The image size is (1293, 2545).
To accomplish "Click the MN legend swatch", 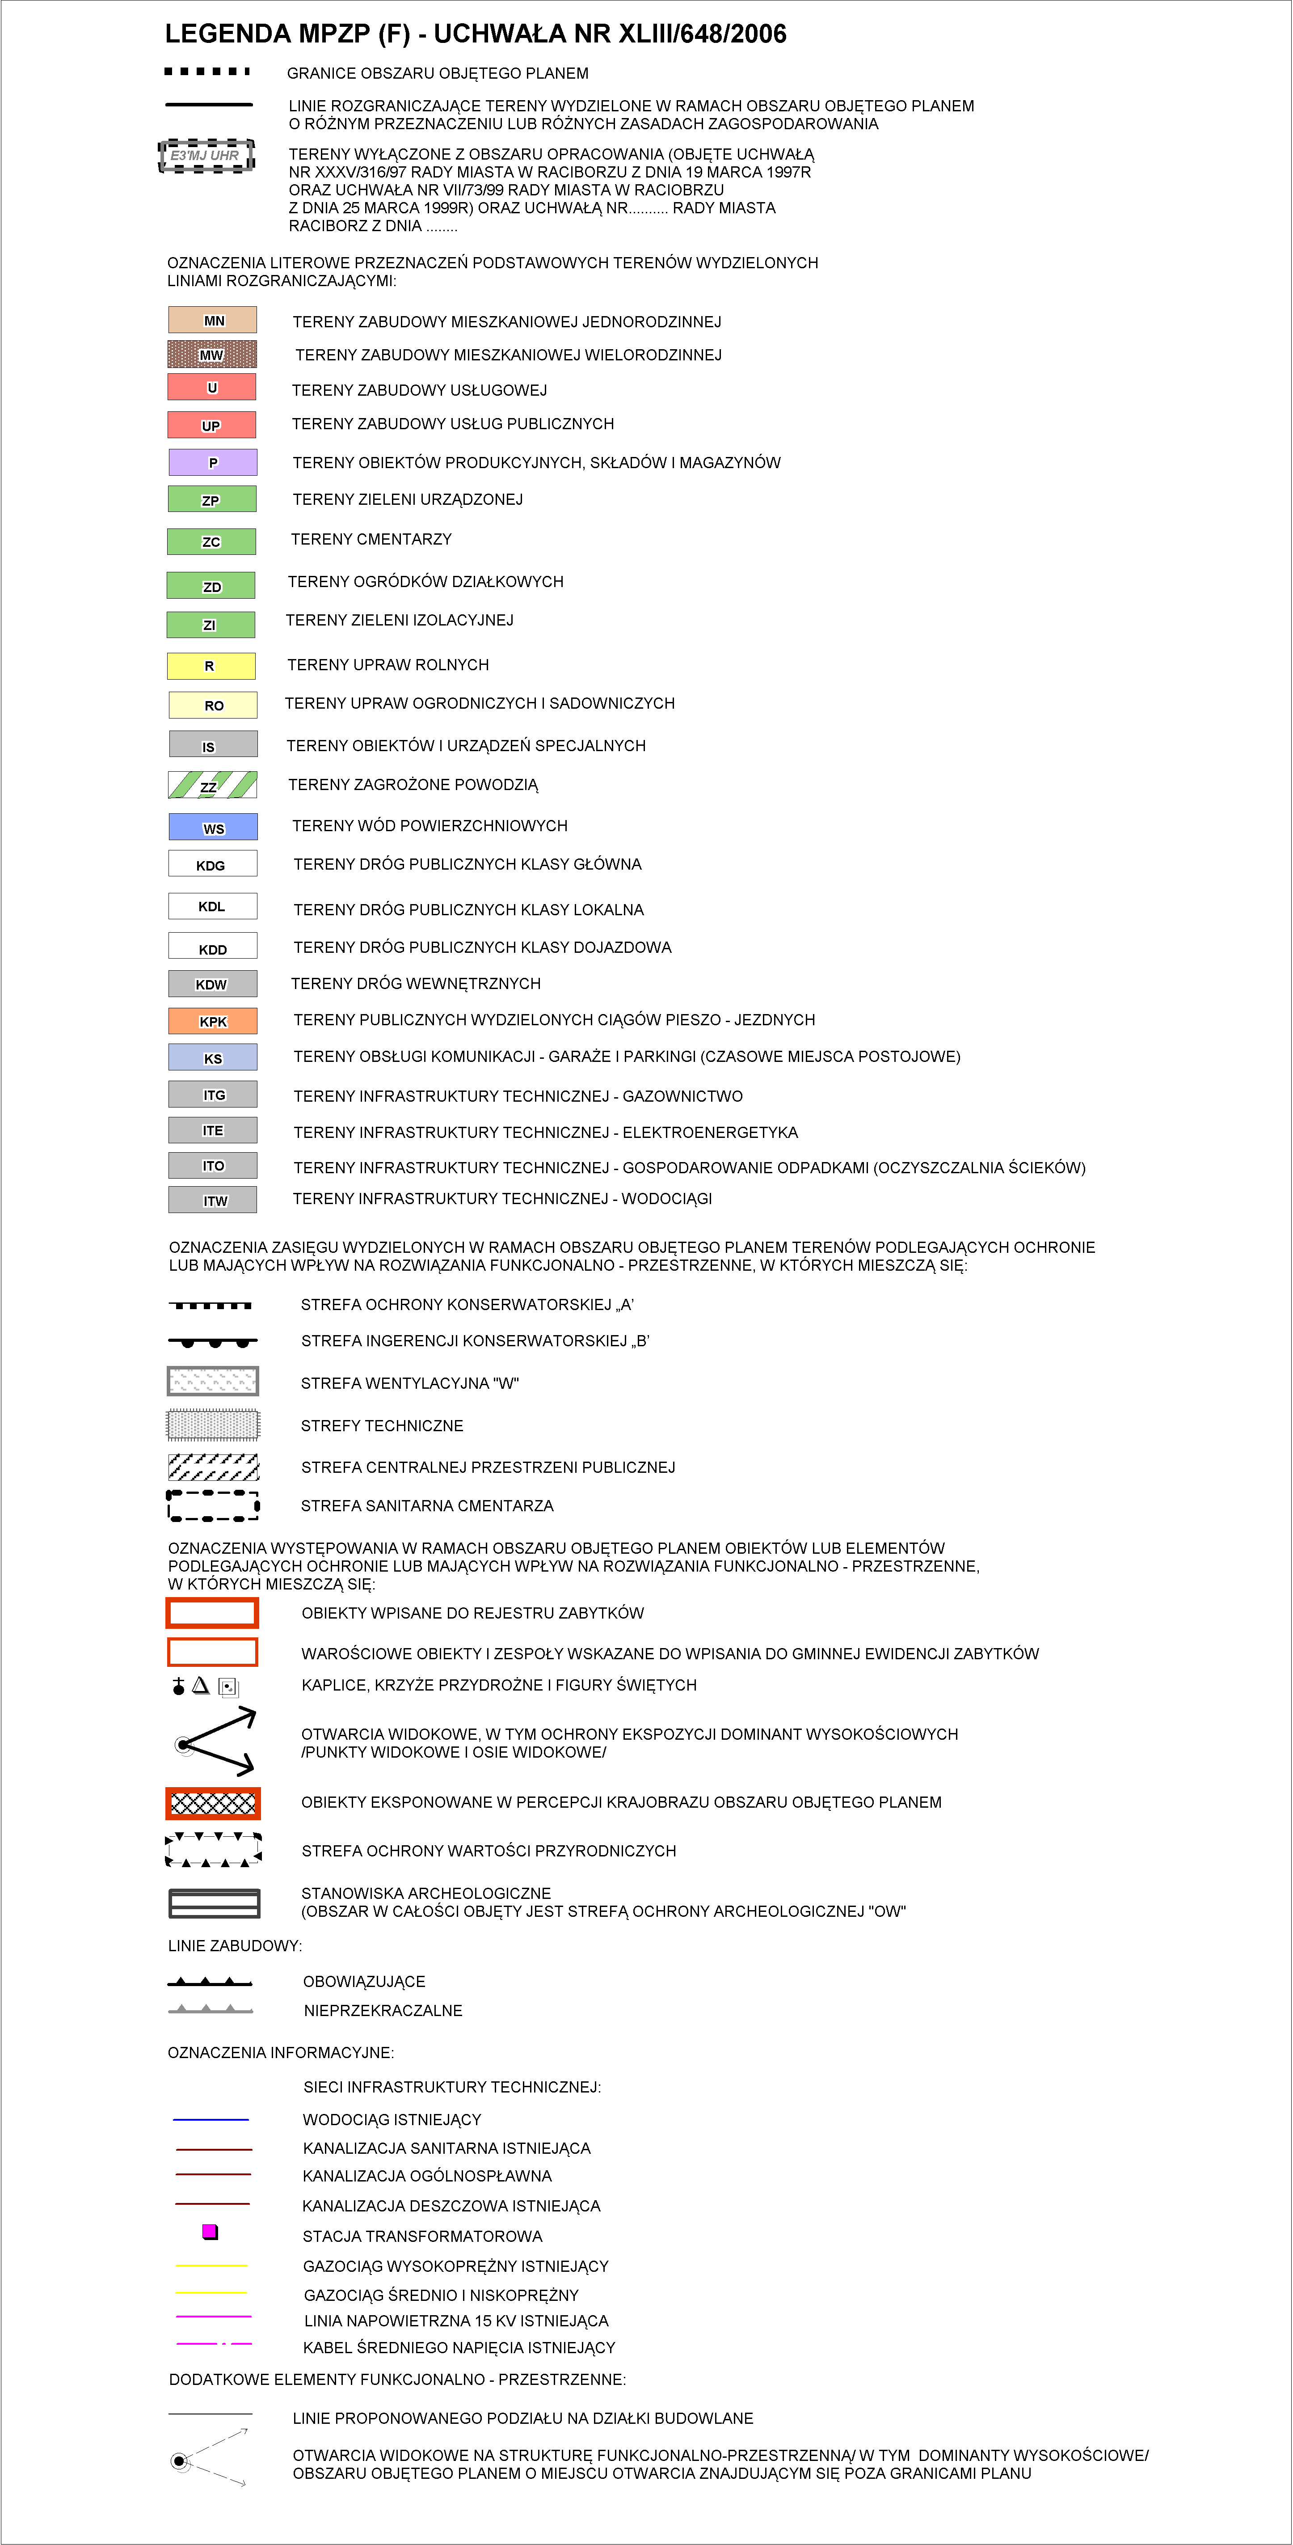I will pos(212,320).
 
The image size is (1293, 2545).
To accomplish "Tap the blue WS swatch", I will pos(212,827).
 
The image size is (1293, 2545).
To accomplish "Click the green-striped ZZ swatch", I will pos(212,786).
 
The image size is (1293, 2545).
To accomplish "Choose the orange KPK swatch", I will pos(212,1021).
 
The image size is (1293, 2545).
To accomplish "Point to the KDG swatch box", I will pos(212,864).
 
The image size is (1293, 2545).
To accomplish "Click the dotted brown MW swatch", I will pos(212,354).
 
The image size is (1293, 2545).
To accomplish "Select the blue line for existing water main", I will pos(211,2119).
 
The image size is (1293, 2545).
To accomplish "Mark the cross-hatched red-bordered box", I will pos(212,1803).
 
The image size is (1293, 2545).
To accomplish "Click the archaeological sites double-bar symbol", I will pos(213,1902).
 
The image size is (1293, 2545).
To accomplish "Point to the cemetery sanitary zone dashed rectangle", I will pos(212,1505).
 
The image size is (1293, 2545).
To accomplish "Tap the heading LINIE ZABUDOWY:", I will pos(235,1945).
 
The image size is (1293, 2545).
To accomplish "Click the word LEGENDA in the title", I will pos(227,34).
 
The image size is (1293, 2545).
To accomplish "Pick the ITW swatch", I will pos(212,1199).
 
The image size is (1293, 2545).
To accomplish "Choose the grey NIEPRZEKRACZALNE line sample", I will pos(211,2009).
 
